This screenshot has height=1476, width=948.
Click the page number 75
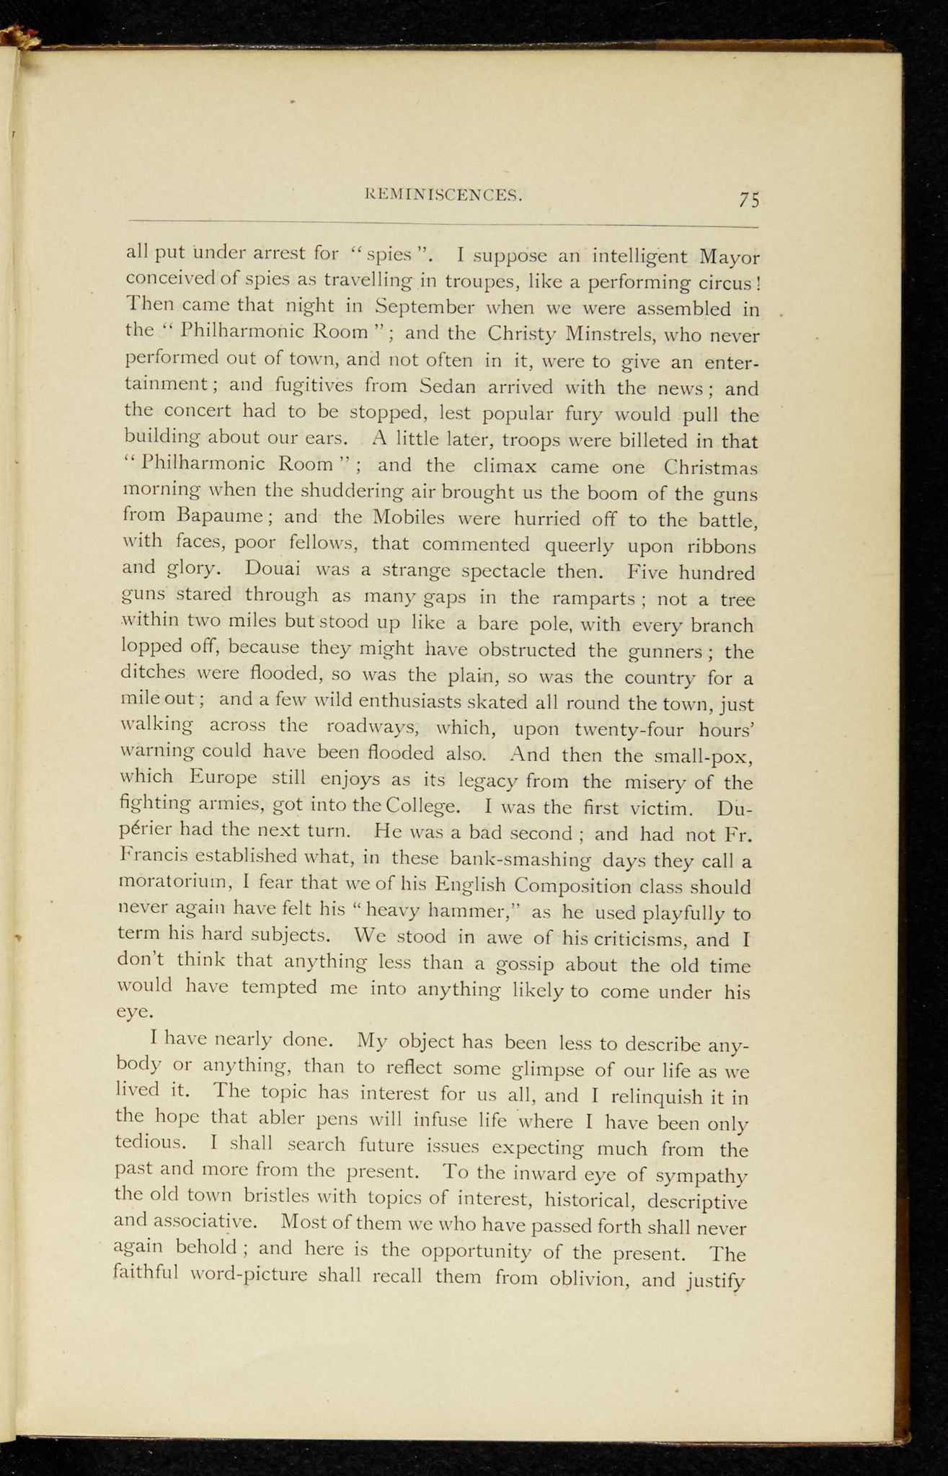pyautogui.click(x=749, y=200)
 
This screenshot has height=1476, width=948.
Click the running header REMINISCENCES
pyautogui.click(x=444, y=194)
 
